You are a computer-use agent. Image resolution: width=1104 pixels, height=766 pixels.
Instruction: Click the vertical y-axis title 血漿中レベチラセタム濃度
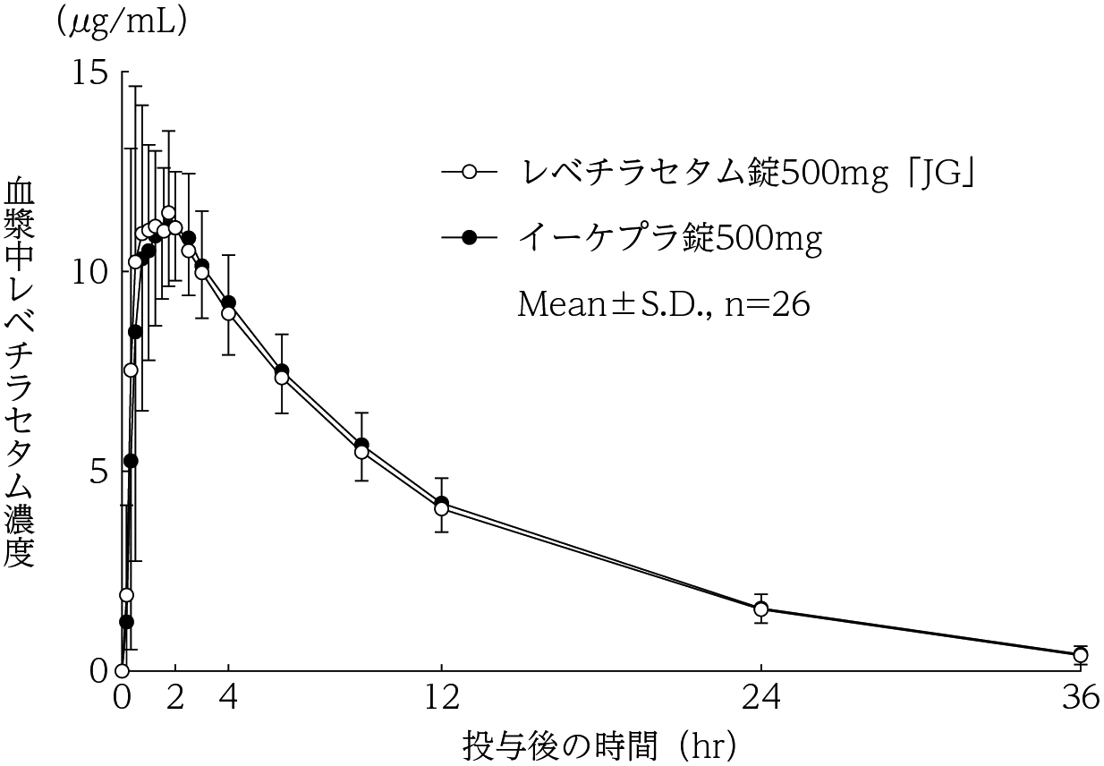20,372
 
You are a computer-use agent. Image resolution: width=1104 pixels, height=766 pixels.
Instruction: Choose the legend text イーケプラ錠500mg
670,238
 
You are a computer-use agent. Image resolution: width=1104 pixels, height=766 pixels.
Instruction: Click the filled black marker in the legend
470,238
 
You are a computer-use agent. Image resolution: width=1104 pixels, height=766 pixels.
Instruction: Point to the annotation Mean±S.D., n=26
664,305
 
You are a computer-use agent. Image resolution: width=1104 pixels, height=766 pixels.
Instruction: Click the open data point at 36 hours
1080,655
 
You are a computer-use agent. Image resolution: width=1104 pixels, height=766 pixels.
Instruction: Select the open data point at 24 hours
760,609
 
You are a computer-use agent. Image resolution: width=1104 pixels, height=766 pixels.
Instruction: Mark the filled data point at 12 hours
441,503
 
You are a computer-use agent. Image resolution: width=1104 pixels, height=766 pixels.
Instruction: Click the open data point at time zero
123,670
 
